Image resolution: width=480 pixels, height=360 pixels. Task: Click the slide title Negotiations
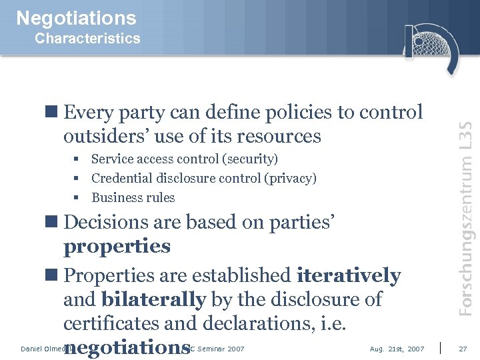76,18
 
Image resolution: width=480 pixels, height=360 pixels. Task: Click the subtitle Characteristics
87,39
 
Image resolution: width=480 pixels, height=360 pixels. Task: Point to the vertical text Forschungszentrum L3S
466,218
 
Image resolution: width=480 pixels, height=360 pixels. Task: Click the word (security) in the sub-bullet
249,159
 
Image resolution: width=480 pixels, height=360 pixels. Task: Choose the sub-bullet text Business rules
133,198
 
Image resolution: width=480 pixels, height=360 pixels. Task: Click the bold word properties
117,247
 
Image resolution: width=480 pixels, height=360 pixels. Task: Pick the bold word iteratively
349,275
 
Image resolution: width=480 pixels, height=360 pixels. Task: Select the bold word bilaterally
153,299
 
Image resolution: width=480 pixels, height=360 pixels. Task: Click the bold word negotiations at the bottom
127,347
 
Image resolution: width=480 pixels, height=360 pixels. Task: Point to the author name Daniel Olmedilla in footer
43,349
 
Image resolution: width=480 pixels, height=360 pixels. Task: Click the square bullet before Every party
55,113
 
